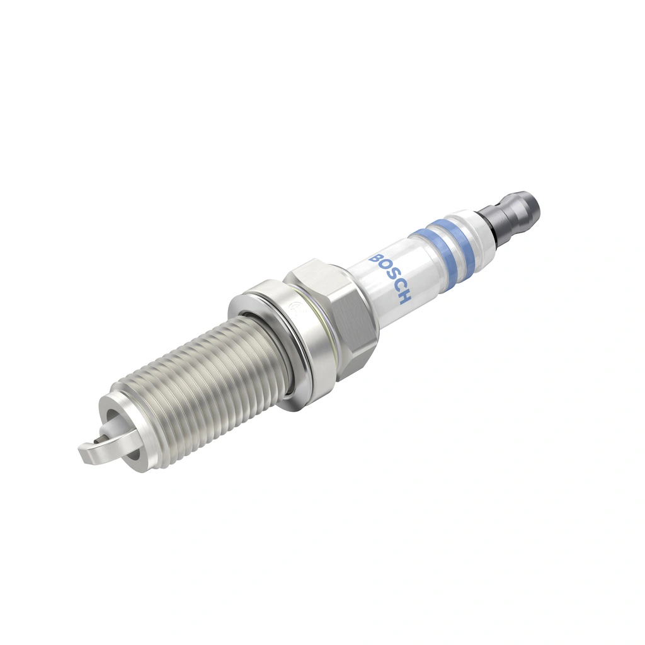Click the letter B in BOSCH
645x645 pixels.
tap(377, 258)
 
